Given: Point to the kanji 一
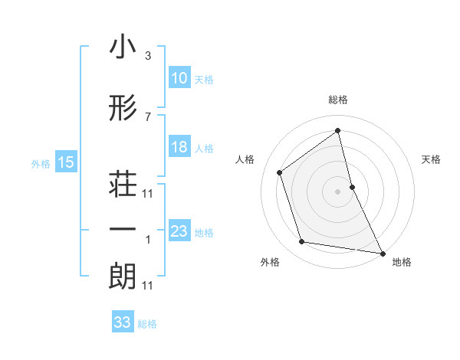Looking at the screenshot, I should (123, 230).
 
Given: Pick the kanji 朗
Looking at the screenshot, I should (123, 277).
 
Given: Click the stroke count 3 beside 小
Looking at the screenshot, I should (148, 57).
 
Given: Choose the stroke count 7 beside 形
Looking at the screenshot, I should (148, 117).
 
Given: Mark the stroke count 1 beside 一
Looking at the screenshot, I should (148, 240).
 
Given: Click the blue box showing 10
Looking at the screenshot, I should (179, 78).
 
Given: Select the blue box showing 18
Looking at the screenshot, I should (179, 147).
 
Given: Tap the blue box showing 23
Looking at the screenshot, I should (179, 231).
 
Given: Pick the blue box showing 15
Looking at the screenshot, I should (66, 162).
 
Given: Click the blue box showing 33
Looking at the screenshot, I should (123, 322).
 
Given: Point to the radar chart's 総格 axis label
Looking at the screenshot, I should (337, 100).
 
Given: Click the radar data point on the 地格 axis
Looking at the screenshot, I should (382, 252).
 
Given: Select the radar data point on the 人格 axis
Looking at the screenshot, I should (280, 172).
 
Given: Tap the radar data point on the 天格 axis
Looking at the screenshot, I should (352, 186).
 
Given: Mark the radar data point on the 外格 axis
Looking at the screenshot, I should (302, 242).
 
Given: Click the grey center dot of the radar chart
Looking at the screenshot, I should (337, 191).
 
